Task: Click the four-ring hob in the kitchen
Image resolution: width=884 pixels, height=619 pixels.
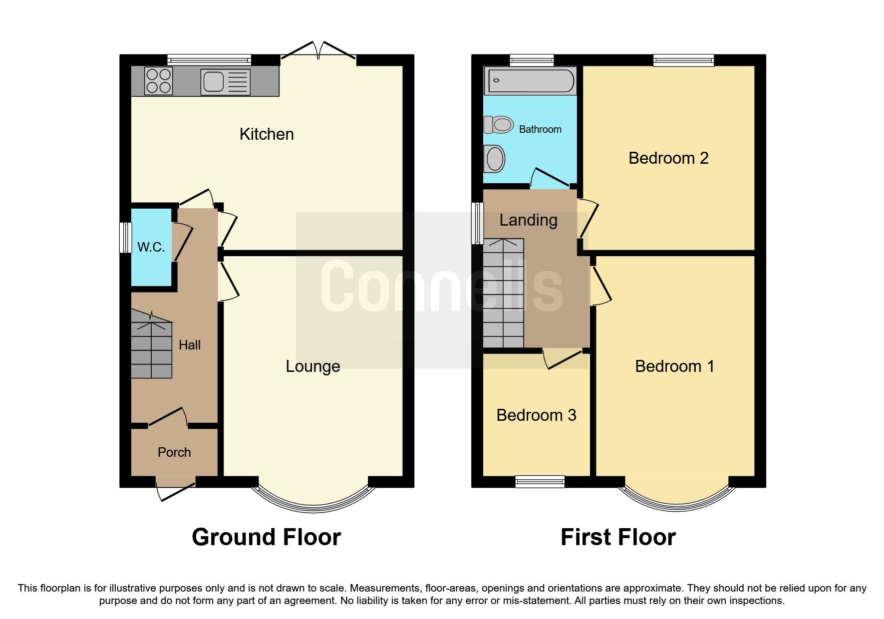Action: [x=158, y=81]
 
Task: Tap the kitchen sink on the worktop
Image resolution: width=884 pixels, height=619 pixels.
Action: [x=225, y=81]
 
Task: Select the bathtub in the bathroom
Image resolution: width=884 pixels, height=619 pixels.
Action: [x=530, y=81]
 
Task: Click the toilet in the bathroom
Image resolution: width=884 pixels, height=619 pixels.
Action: [x=499, y=124]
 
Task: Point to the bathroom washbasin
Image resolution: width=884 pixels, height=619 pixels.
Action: [x=495, y=159]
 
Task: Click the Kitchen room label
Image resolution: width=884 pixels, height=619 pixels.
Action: [x=267, y=134]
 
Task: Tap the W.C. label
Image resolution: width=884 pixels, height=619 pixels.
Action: [x=151, y=247]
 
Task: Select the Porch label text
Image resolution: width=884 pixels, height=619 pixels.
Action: [x=174, y=452]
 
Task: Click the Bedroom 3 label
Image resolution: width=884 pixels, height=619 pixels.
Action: [x=536, y=415]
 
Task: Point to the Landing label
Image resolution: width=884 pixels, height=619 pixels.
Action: [x=528, y=220]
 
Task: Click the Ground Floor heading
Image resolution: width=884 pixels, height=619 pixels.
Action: [x=266, y=537]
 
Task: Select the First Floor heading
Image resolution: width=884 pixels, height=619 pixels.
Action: [x=618, y=537]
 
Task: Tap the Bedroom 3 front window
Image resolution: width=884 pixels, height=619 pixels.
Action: [x=540, y=481]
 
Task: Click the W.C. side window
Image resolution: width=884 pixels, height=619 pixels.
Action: [x=125, y=237]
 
